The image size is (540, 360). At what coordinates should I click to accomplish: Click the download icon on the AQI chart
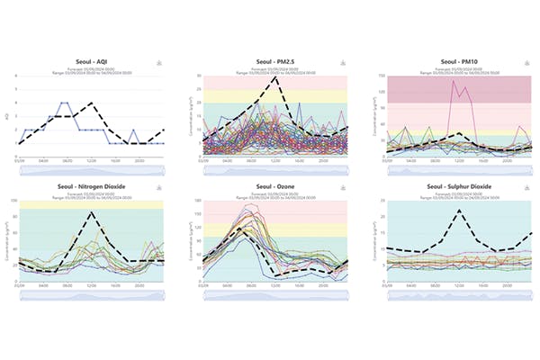(160, 62)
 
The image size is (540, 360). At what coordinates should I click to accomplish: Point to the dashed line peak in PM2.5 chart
(274, 77)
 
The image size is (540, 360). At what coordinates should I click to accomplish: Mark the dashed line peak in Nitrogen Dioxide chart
(92, 212)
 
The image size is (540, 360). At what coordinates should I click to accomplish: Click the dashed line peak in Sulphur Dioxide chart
(459, 211)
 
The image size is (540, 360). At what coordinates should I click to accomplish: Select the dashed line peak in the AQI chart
(92, 103)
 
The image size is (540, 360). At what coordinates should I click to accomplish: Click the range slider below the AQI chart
(90, 168)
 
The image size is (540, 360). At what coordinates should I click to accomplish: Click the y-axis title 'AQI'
(8, 115)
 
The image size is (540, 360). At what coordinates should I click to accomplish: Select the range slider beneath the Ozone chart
(273, 293)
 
